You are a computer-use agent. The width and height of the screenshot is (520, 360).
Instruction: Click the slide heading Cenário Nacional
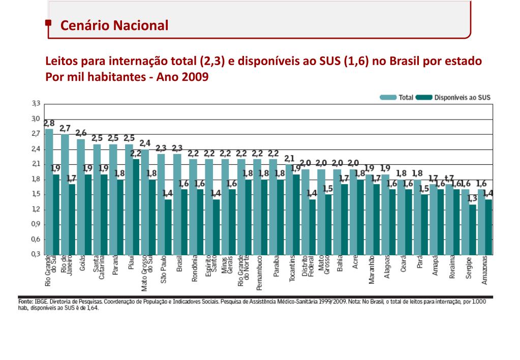coord(114,25)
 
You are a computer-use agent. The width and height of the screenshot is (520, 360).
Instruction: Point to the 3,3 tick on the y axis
coord(36,104)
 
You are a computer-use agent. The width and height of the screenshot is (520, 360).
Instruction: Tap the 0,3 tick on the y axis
coord(36,254)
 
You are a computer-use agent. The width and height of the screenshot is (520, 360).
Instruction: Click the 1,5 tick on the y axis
coord(36,194)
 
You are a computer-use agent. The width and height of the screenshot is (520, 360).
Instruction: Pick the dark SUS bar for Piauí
coord(136,206)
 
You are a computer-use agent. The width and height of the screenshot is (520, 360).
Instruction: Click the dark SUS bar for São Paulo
coord(168,226)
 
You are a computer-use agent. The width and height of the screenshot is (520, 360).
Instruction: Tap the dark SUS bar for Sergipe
coord(473,229)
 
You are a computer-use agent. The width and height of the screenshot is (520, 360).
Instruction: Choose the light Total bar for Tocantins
coord(288,208)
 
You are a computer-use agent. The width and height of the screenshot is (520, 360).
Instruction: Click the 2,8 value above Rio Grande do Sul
coord(49,123)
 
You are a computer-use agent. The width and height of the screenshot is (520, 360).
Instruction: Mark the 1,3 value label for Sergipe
coord(473,198)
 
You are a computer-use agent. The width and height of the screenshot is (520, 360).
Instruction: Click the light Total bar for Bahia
coord(337,211)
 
